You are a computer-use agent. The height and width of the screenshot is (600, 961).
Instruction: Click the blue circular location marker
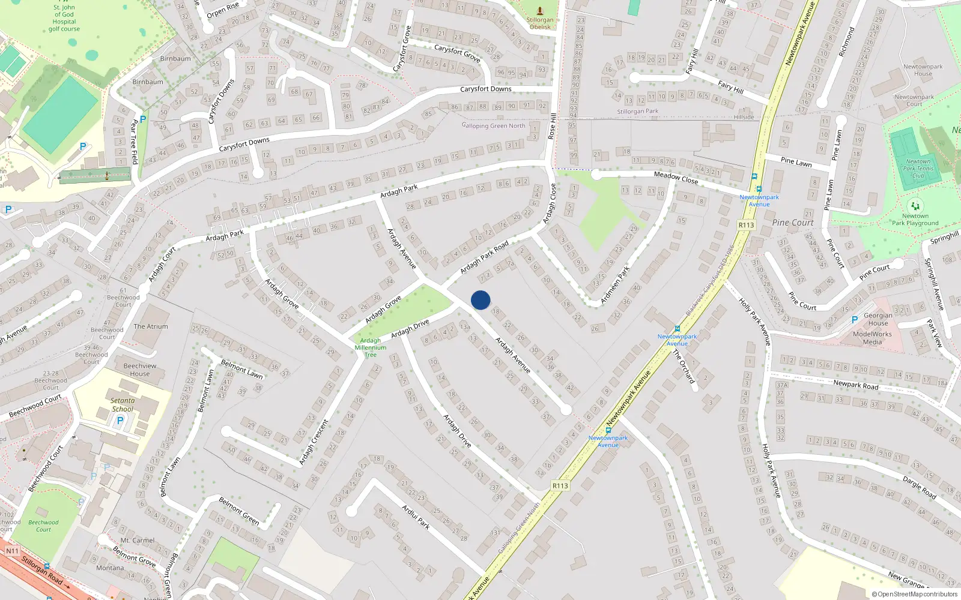[x=480, y=300]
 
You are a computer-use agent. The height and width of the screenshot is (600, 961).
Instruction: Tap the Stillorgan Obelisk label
[x=540, y=23]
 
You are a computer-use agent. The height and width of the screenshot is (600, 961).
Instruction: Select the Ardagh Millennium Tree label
[x=371, y=347]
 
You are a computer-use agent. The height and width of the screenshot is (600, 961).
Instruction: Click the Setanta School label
[x=123, y=405]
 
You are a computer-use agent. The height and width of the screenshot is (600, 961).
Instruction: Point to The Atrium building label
[x=151, y=326]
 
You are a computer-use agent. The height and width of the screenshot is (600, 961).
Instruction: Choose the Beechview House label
[x=140, y=370]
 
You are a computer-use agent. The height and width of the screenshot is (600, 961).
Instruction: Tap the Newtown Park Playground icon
[x=915, y=206]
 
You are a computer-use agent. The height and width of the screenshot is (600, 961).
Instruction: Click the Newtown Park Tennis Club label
[x=918, y=169]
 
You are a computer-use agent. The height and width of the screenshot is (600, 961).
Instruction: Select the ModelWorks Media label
[x=872, y=338]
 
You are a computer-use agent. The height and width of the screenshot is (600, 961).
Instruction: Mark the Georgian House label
[x=878, y=319]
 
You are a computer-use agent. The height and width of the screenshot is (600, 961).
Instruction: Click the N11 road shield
[x=12, y=551]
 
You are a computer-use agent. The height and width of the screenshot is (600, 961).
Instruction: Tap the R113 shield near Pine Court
[x=746, y=225]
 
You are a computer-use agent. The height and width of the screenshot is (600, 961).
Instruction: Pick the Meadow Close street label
[x=676, y=178]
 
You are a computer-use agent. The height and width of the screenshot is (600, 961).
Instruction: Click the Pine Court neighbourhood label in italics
[x=793, y=223]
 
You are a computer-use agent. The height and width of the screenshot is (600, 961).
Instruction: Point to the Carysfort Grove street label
[x=457, y=53]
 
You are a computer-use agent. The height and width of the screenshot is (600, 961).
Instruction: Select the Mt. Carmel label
[x=138, y=541]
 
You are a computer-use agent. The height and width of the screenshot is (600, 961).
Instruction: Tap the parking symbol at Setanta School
[x=120, y=421]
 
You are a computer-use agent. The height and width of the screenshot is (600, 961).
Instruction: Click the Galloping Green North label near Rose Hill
[x=493, y=125]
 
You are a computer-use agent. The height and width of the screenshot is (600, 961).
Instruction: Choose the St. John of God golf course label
[x=64, y=18]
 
